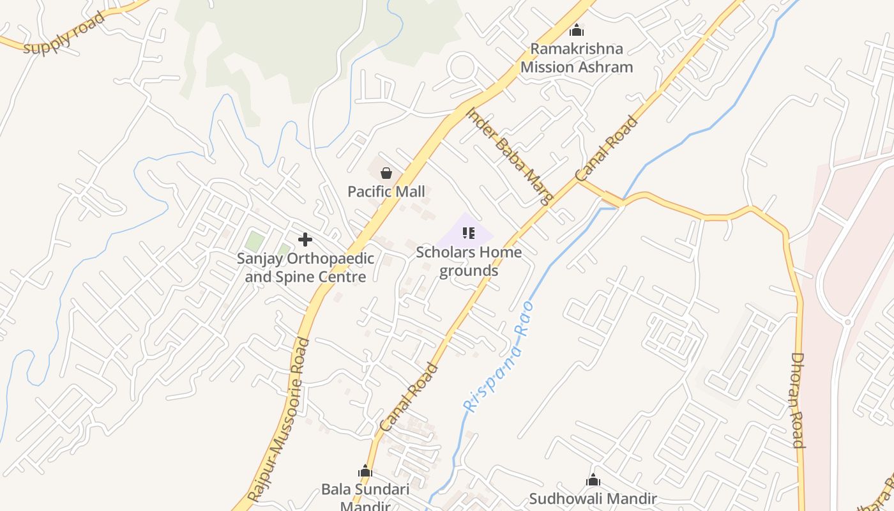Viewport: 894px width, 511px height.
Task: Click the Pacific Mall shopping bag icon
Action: point(386,172)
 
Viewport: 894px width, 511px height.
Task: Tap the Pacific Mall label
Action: point(386,192)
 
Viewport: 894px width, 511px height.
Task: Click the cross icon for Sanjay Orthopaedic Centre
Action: point(305,240)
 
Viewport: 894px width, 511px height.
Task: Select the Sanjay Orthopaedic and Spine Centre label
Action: point(305,268)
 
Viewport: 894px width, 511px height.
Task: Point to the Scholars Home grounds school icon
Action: point(469,233)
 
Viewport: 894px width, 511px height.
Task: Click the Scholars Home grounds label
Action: point(469,261)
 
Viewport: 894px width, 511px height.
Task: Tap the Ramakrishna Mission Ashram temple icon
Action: point(577,30)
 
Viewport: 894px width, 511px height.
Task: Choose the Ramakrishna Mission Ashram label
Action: point(577,58)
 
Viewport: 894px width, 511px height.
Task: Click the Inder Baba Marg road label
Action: point(510,156)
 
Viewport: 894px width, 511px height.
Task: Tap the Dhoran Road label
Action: point(798,400)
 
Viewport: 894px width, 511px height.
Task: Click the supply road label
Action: point(63,34)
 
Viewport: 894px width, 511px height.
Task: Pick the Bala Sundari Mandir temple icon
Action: point(365,471)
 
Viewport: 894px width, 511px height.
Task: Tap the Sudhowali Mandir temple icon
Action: point(593,480)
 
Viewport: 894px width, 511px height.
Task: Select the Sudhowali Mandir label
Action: point(593,498)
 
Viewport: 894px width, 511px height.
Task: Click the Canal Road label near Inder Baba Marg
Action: point(607,148)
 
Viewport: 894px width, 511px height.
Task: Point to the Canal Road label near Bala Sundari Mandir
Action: point(409,397)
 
